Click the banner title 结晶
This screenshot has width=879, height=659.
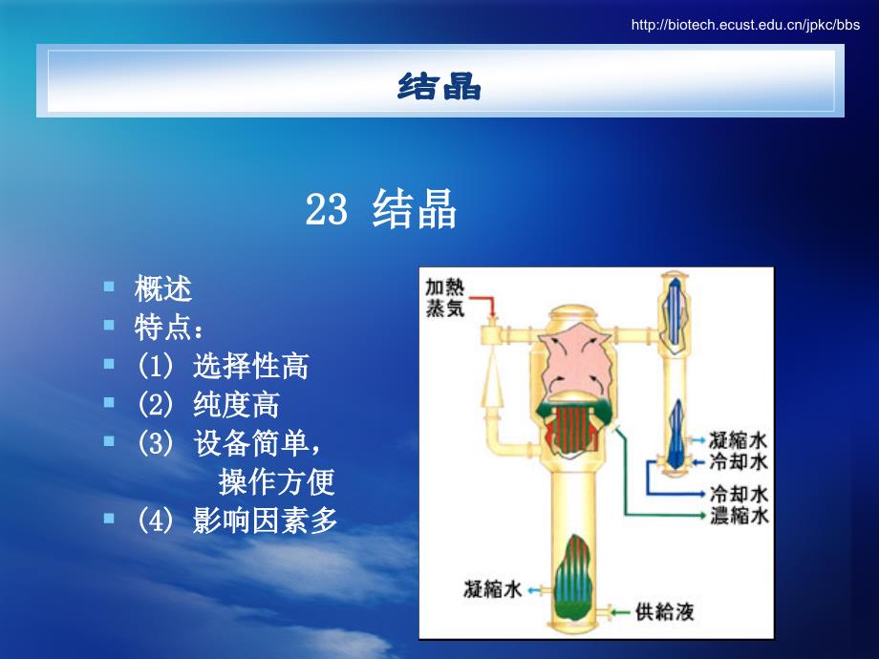439,86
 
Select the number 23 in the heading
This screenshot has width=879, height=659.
326,209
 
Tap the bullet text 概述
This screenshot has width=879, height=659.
163,288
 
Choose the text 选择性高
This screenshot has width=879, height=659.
251,366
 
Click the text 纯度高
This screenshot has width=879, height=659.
237,405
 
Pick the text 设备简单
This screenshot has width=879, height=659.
251,443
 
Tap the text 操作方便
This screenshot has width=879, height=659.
277,481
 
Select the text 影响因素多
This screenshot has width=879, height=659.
266,520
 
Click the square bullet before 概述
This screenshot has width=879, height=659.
109,287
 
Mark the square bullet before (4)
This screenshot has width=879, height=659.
109,519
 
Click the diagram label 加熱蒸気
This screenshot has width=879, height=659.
445,298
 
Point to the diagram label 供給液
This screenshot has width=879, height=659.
665,611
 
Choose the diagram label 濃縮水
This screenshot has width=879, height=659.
739,515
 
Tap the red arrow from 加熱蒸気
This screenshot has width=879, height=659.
483,306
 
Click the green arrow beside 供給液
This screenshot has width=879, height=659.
621,612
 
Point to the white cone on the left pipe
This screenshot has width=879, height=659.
492,380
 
